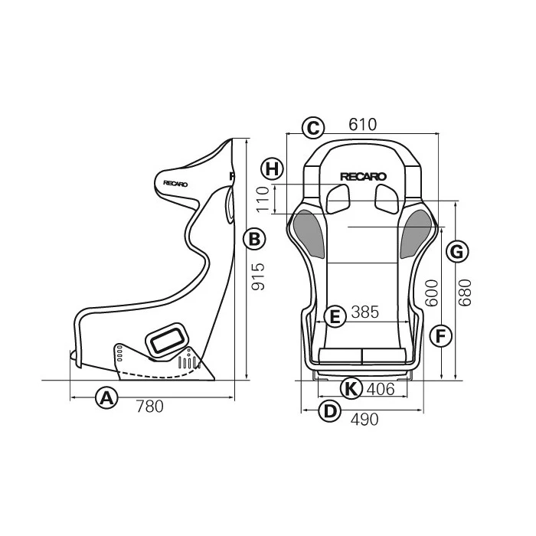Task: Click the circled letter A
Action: (x=106, y=398)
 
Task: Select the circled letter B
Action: (x=254, y=240)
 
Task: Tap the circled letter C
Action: (x=312, y=128)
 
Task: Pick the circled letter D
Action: (x=329, y=411)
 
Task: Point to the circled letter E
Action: (x=333, y=315)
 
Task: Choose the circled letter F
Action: (x=440, y=335)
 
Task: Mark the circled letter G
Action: (x=456, y=251)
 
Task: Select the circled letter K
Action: (x=351, y=388)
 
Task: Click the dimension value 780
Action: (x=149, y=407)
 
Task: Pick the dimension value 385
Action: (x=364, y=313)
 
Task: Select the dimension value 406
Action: (x=381, y=389)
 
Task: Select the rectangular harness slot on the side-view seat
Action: (x=168, y=339)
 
